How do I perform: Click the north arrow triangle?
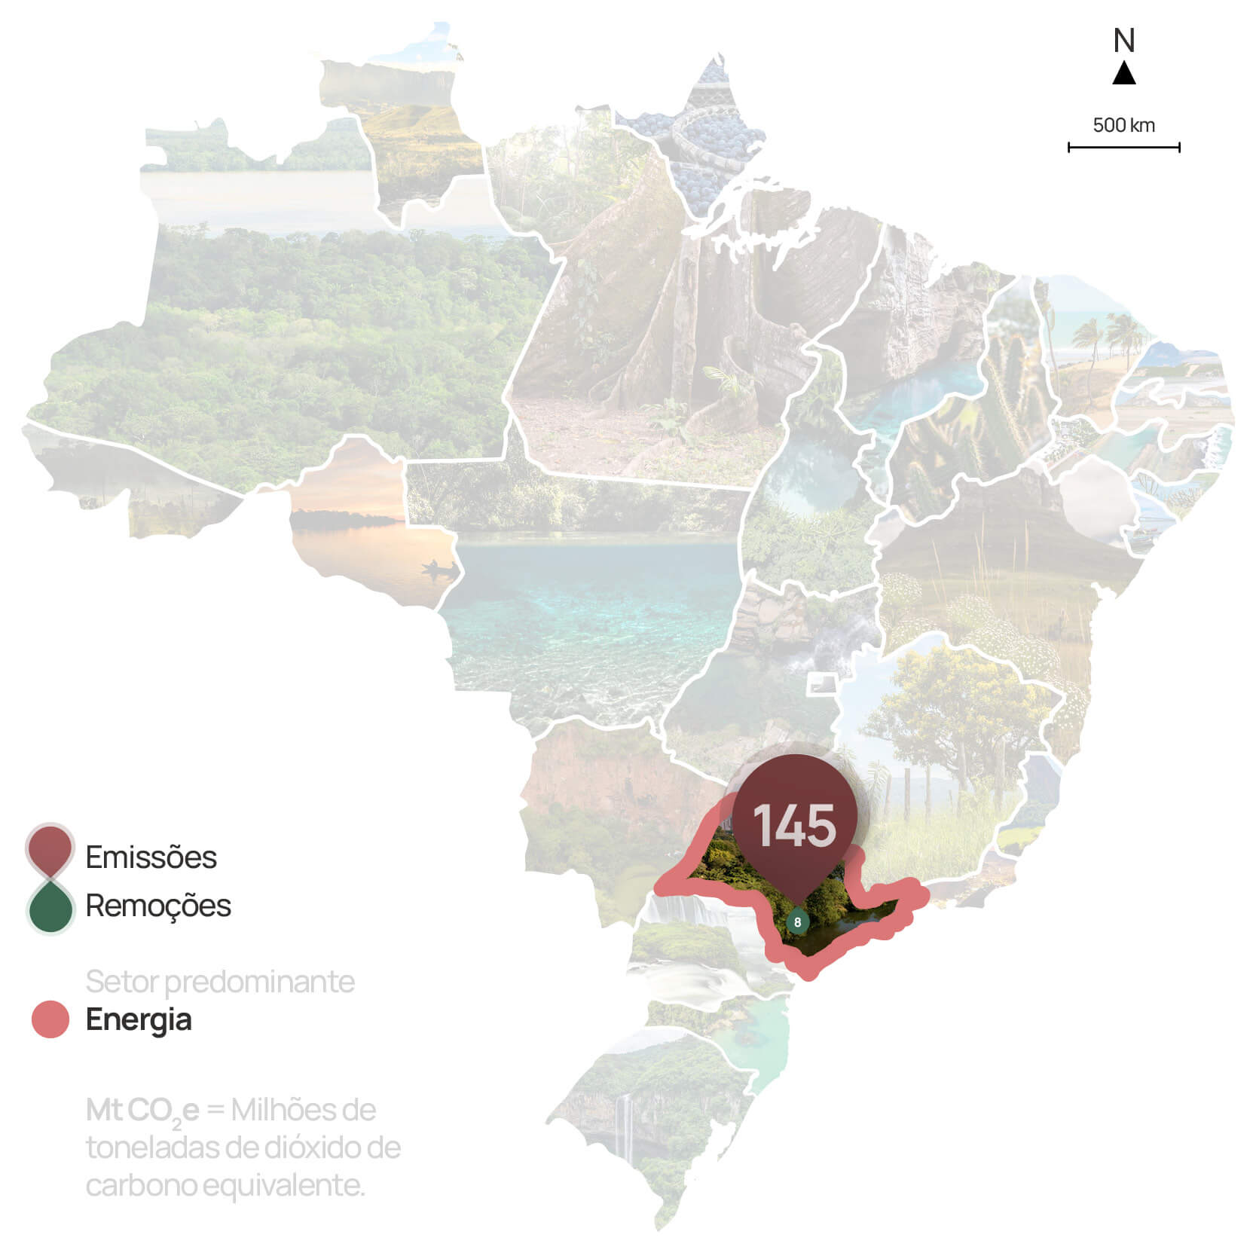point(1123,74)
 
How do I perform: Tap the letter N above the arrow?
point(1123,41)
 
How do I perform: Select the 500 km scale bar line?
point(1123,147)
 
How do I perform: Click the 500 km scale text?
point(1123,125)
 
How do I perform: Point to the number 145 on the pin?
point(794,825)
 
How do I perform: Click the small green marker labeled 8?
point(797,921)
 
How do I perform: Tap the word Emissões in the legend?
point(151,857)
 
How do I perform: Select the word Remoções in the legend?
point(158,906)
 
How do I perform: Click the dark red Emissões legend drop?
point(50,850)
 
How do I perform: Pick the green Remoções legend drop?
point(50,907)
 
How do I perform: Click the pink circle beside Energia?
point(50,1019)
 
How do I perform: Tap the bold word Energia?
point(139,1019)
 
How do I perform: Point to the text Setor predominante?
point(220,982)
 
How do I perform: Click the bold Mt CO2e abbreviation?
point(142,1111)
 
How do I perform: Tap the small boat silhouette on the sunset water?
point(439,567)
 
